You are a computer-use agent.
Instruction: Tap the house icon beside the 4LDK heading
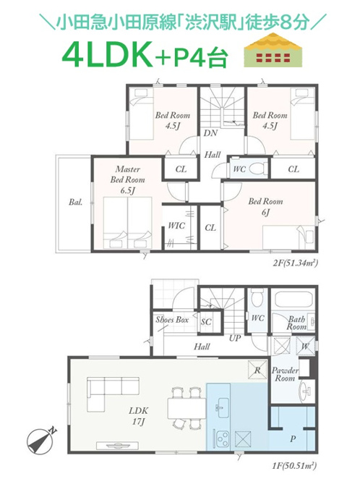(x=273, y=50)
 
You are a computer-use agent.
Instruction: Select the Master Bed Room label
(x=128, y=179)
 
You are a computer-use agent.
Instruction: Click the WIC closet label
(x=176, y=226)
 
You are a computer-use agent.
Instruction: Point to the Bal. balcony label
(x=76, y=202)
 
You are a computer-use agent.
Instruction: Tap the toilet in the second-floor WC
(x=258, y=169)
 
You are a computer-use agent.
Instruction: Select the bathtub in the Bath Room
(x=293, y=301)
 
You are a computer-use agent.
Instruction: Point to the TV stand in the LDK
(x=117, y=446)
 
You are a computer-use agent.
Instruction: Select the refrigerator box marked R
(x=257, y=370)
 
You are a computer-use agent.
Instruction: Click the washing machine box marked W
(x=305, y=346)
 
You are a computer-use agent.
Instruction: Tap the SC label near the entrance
(x=206, y=322)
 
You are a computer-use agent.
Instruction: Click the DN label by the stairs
(x=210, y=133)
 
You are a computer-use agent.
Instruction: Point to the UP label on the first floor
(x=235, y=339)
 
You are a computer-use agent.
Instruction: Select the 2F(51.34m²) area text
(x=296, y=263)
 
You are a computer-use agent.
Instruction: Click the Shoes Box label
(x=172, y=320)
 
